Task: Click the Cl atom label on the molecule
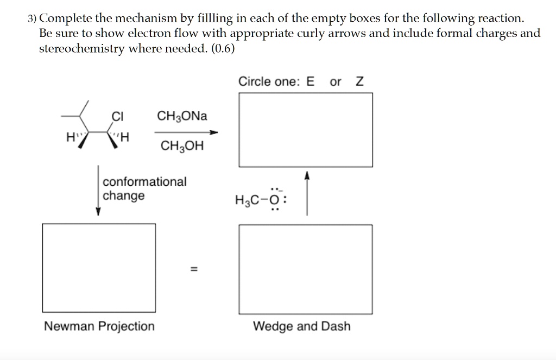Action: [118, 116]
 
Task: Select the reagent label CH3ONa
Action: [182, 116]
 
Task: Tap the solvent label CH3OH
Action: [182, 146]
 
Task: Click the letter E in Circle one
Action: [310, 82]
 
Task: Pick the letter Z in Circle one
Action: [359, 82]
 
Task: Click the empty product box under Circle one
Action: [306, 130]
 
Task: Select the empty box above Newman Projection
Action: [99, 267]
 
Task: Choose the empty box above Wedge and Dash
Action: [306, 269]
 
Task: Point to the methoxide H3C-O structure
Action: [258, 200]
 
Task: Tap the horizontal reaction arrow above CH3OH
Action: [186, 132]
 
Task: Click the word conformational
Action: [144, 181]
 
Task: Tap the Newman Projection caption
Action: [99, 326]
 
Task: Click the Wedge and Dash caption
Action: [302, 326]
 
